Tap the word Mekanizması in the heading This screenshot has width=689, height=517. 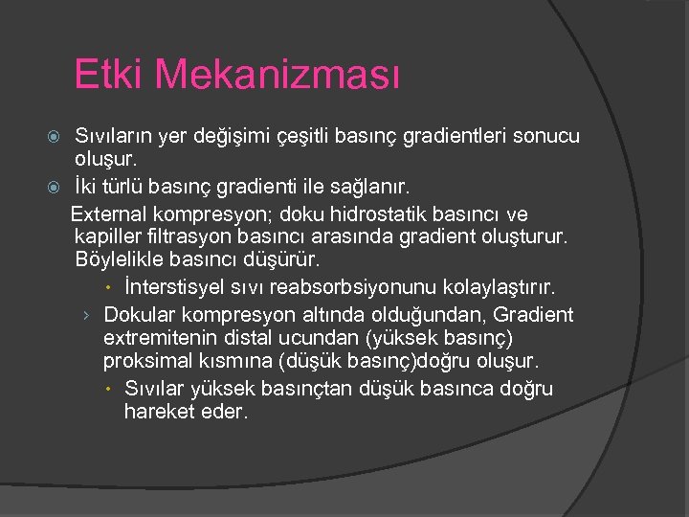(x=278, y=74)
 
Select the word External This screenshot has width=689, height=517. (x=117, y=213)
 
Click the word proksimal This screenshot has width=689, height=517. (x=146, y=362)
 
